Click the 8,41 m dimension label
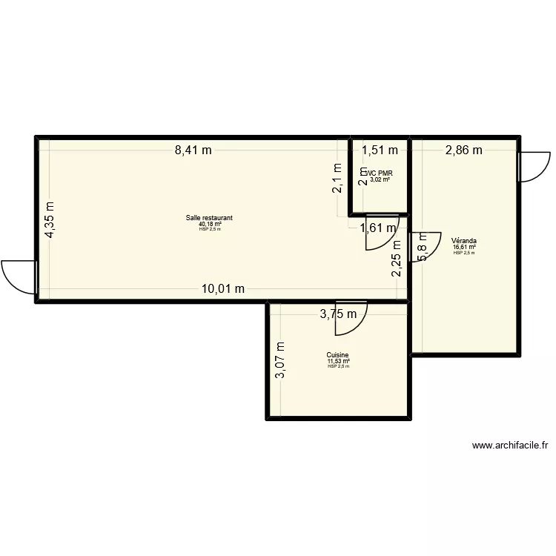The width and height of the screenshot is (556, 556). click(193, 150)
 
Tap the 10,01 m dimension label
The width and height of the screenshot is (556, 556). click(223, 289)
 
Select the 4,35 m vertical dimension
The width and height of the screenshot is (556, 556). click(49, 220)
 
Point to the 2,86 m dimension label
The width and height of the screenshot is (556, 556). click(463, 150)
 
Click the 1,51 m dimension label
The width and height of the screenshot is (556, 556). click(380, 150)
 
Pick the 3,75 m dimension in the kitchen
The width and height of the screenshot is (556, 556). click(338, 314)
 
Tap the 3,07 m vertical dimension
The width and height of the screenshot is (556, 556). click(279, 360)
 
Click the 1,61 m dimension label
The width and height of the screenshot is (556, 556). click(378, 228)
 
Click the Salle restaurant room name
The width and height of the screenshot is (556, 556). click(210, 218)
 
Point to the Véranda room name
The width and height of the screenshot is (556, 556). click(464, 241)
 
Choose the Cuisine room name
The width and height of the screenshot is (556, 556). click(337, 355)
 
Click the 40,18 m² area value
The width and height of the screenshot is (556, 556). click(210, 224)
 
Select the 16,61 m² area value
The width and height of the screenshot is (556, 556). click(464, 247)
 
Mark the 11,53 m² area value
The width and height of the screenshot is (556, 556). click(337, 361)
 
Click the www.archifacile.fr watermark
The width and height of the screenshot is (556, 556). click(509, 446)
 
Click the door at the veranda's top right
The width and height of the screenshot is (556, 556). click(535, 167)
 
